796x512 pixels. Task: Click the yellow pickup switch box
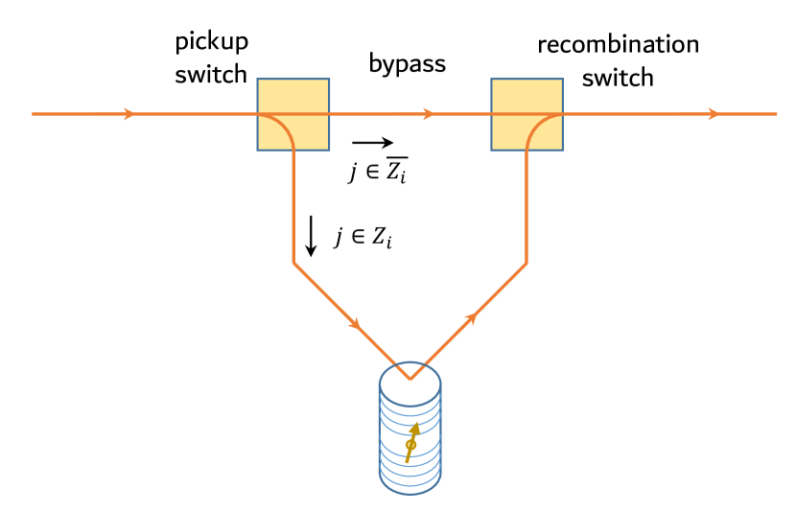point(293,114)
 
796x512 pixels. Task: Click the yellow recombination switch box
point(527,114)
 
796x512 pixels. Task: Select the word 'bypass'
point(408,64)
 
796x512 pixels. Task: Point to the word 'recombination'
point(618,44)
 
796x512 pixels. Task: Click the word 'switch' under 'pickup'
point(210,75)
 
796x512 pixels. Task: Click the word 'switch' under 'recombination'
point(618,77)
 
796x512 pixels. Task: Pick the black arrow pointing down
point(311,236)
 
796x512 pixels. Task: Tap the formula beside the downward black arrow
point(363,236)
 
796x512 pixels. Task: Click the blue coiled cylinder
point(410,431)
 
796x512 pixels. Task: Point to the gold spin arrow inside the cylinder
point(412,442)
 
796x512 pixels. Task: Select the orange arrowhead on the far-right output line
point(713,114)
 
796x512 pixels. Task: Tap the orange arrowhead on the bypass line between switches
point(429,114)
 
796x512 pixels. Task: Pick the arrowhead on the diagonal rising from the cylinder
point(470,317)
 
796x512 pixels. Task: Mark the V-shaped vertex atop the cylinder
point(410,378)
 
